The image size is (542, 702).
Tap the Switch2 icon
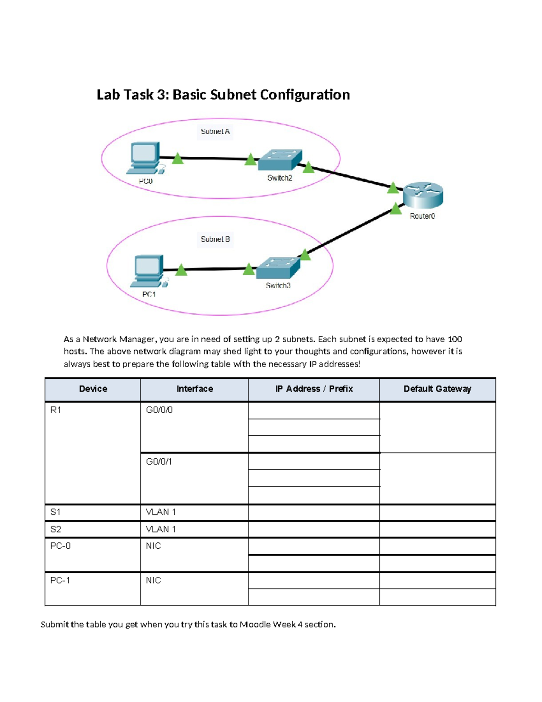point(280,160)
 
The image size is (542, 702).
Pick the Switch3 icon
point(278,268)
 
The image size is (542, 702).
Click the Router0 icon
point(423,195)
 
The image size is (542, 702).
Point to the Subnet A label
point(215,132)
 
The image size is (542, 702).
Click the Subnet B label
point(215,239)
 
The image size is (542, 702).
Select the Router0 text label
point(422,216)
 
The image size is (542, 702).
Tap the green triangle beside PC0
point(178,159)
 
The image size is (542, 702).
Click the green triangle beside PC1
point(181,270)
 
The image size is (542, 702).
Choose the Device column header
point(93,389)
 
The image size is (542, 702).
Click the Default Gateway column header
point(437,389)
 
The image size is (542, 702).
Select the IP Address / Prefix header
point(314,389)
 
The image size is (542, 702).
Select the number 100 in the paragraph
point(454,339)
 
